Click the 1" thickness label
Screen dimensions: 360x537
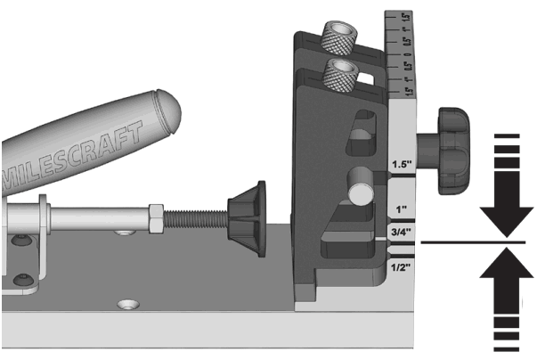click(401, 209)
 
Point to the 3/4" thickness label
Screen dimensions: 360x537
click(401, 234)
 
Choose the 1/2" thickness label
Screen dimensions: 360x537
click(401, 266)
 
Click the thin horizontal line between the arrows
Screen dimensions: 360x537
click(463, 241)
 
